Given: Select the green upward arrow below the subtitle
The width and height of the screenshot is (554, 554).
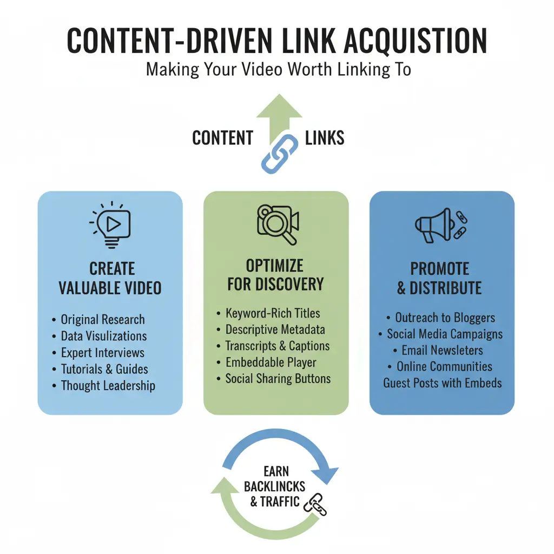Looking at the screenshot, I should [x=279, y=114].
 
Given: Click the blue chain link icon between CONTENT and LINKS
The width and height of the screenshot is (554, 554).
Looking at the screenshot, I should [x=279, y=153].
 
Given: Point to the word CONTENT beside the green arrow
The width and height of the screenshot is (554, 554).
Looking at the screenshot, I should [x=222, y=138].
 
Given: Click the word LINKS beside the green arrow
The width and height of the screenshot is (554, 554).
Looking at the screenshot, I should [x=325, y=138].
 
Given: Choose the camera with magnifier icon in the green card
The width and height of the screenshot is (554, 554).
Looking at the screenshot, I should [x=276, y=224].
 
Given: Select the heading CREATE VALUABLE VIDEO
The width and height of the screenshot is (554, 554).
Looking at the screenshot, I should [x=110, y=278].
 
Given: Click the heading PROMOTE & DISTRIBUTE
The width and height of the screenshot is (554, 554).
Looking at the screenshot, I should [x=439, y=278].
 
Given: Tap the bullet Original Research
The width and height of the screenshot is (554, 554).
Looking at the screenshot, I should [x=102, y=320].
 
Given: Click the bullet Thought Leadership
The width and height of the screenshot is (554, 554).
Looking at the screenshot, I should [x=108, y=386].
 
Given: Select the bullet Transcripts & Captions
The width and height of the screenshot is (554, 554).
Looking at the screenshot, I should [x=278, y=346].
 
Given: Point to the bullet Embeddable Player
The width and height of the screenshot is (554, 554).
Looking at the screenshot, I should [x=271, y=362].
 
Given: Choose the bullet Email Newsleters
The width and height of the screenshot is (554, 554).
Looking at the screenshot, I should [x=441, y=350].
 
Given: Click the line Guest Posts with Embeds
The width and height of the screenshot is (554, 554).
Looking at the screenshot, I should [x=442, y=383].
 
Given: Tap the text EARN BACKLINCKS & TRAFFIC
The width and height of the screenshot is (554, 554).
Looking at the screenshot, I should [x=275, y=486].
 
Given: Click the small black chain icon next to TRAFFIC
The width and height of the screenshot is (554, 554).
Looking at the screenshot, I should [x=314, y=505].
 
